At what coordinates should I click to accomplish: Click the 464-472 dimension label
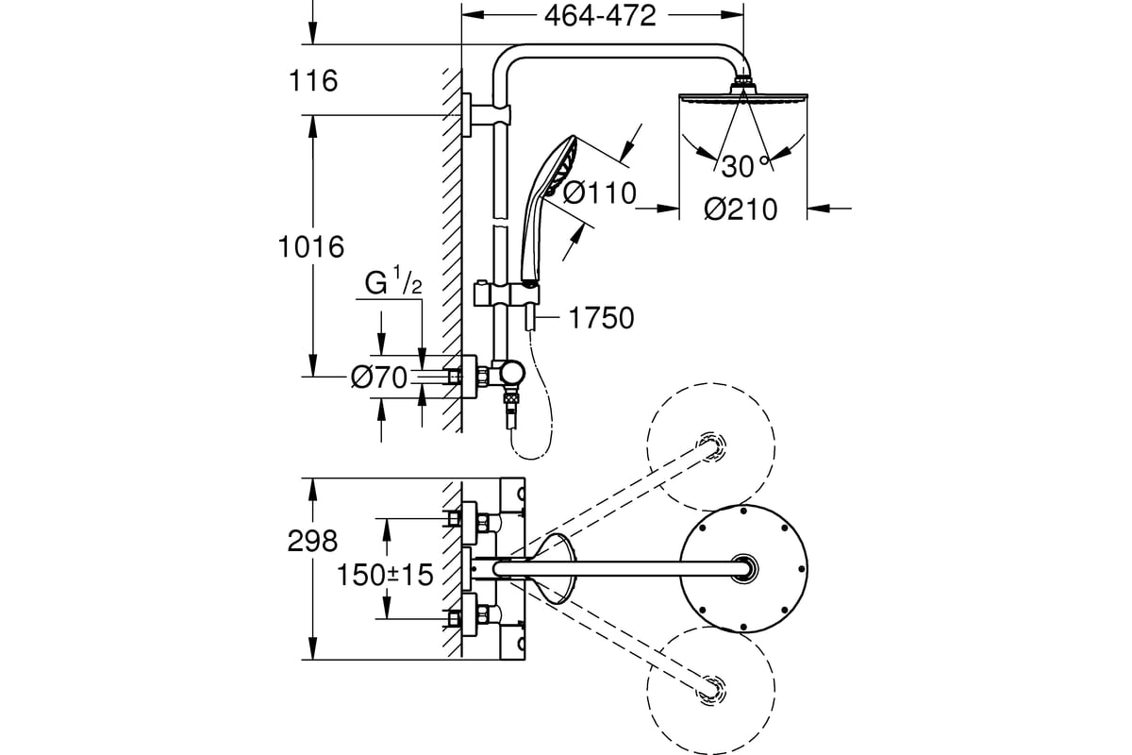pos(600,16)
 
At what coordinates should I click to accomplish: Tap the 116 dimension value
pos(313,81)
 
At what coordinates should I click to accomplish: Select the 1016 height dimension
pos(310,246)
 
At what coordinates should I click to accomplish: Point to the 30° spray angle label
pos(744,166)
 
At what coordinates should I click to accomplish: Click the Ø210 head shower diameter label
pos(741,209)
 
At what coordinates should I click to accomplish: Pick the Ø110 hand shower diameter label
pos(599,193)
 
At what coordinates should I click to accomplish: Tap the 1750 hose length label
pos(601,318)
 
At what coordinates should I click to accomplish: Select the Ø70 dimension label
pos(379,377)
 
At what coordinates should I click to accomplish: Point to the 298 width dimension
pos(312,541)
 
